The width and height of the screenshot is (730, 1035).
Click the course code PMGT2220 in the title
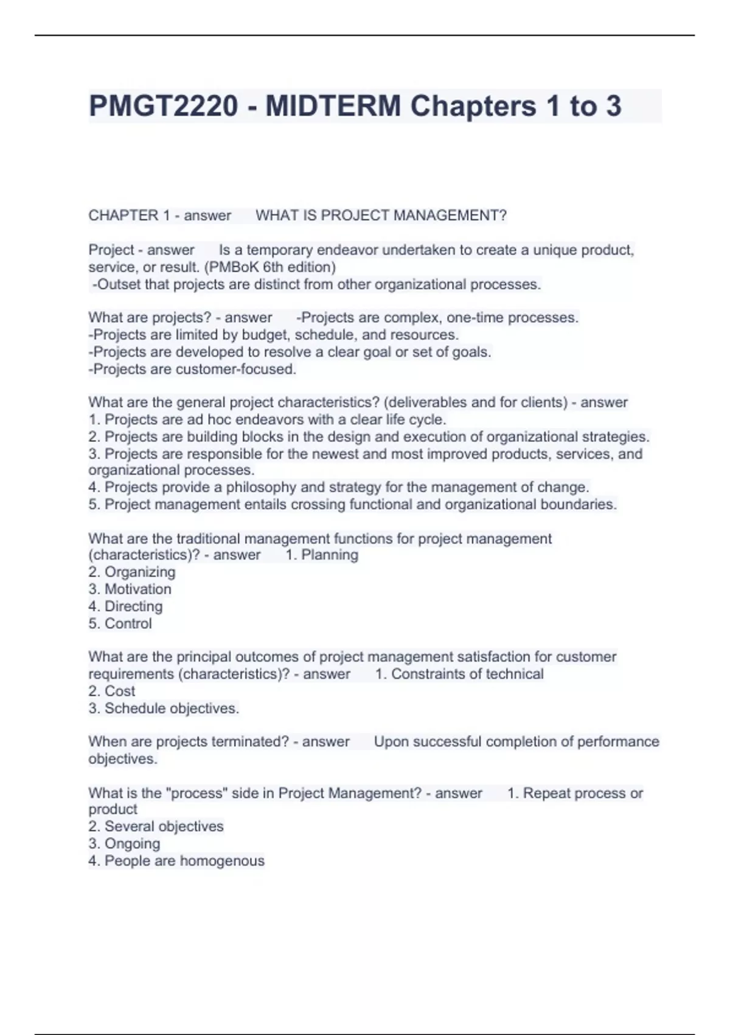[x=163, y=106]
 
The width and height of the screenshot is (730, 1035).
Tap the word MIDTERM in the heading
[x=333, y=106]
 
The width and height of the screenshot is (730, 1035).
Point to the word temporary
[x=280, y=250]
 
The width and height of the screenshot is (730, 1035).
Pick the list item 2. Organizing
[x=131, y=572]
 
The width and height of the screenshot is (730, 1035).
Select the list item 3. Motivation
[x=130, y=589]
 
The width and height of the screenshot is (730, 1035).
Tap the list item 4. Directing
[x=125, y=606]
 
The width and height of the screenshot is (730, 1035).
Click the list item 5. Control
[x=120, y=623]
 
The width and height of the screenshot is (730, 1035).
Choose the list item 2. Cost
[x=112, y=691]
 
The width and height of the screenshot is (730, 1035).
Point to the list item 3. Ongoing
[x=124, y=844]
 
